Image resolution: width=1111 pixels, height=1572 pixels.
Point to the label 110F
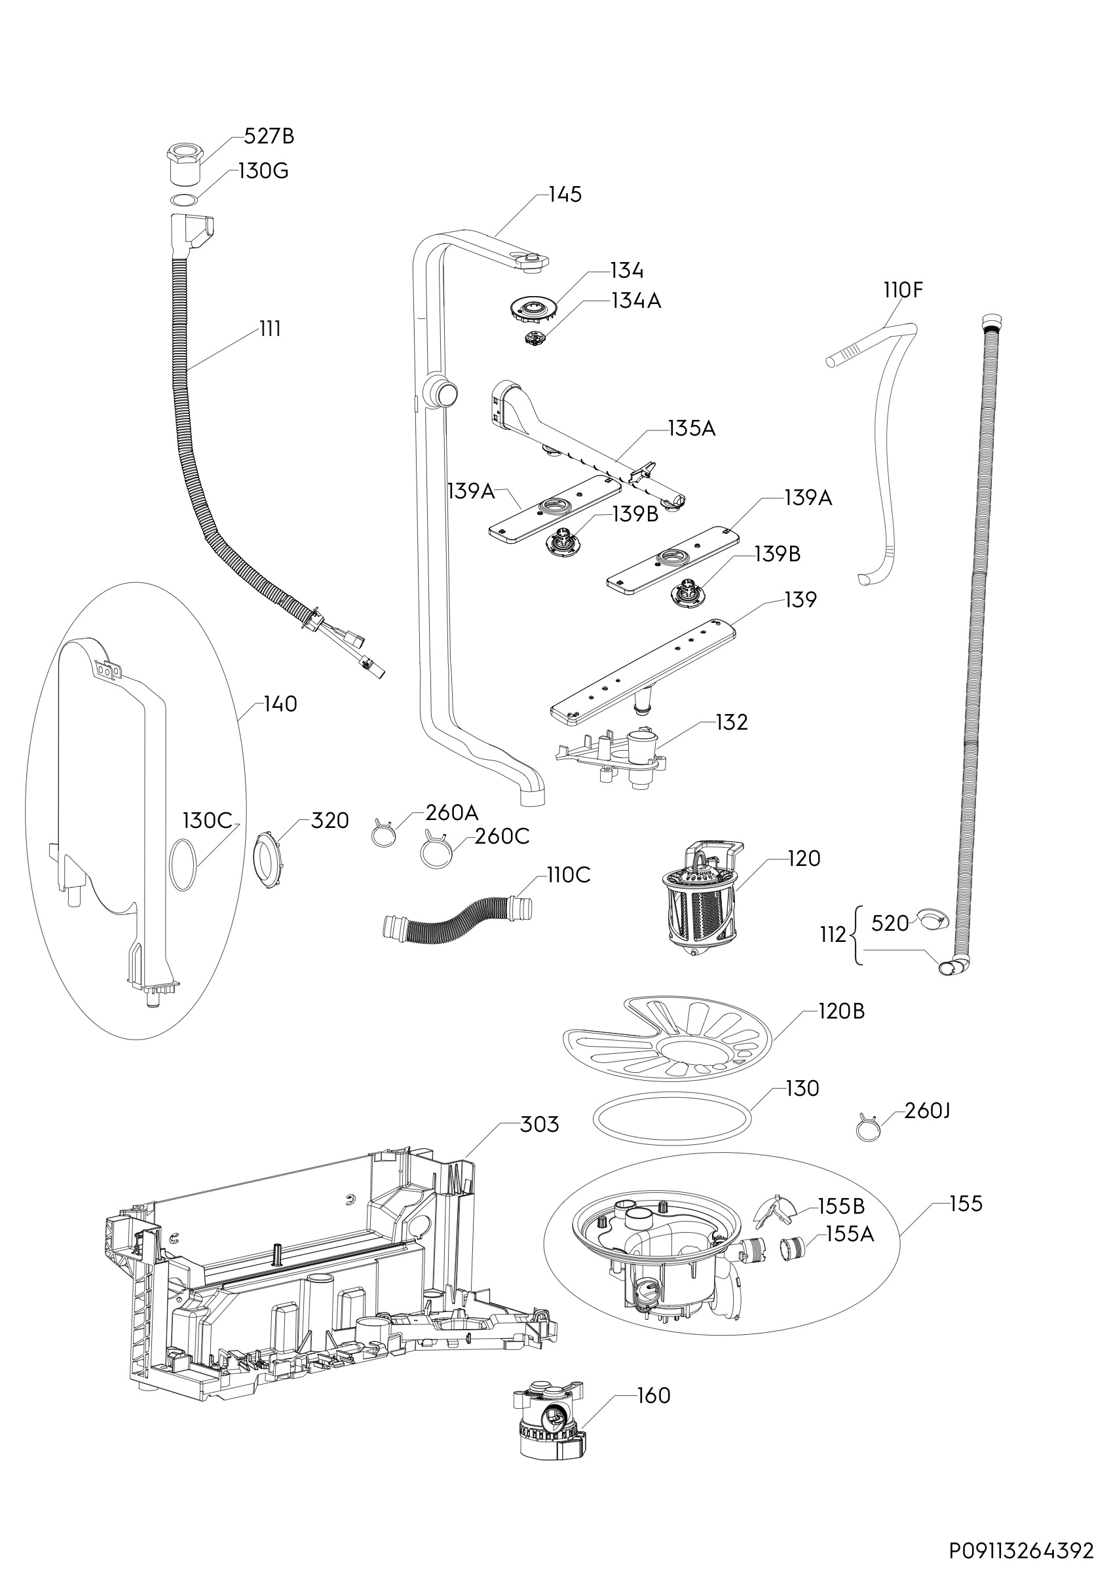[x=903, y=290]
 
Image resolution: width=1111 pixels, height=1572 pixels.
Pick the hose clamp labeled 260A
[x=384, y=834]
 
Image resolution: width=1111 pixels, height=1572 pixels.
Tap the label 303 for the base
[x=539, y=1124]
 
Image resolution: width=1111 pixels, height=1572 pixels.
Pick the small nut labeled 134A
[x=533, y=337]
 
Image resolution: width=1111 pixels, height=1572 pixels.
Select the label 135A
[x=691, y=428]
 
